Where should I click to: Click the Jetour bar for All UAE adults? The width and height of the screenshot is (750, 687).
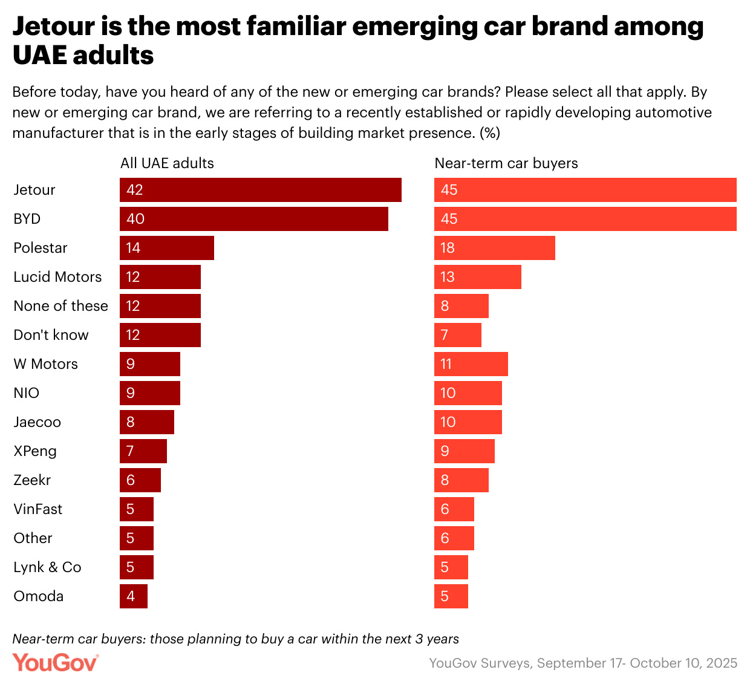click(x=260, y=190)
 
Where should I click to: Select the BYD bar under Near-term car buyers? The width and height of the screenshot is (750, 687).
click(x=585, y=219)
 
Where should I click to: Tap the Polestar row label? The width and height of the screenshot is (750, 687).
click(x=41, y=248)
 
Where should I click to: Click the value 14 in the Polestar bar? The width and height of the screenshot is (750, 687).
click(x=133, y=248)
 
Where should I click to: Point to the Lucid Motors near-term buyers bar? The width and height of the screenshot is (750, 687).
click(x=477, y=277)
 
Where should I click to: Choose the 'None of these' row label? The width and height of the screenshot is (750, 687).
click(x=60, y=306)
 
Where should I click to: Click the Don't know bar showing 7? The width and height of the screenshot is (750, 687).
click(x=457, y=335)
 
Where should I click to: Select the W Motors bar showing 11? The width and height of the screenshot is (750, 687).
click(x=471, y=364)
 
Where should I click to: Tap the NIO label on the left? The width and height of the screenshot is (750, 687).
click(x=27, y=393)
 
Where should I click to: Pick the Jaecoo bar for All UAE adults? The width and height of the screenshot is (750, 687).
click(x=146, y=422)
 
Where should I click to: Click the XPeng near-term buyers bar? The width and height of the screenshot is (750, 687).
click(x=464, y=451)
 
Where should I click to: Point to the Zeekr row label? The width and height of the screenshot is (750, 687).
click(x=32, y=480)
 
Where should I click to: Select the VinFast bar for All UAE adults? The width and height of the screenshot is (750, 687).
click(x=136, y=509)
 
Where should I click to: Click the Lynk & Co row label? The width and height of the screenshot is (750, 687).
click(x=47, y=567)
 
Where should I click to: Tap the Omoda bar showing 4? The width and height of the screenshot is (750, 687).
click(x=133, y=596)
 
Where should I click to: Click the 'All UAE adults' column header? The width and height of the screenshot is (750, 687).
click(x=167, y=163)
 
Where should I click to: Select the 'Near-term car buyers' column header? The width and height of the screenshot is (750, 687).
click(x=506, y=163)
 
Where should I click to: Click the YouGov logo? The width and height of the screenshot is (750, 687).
click(x=55, y=662)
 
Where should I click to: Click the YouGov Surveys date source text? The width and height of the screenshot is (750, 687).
click(x=583, y=663)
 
